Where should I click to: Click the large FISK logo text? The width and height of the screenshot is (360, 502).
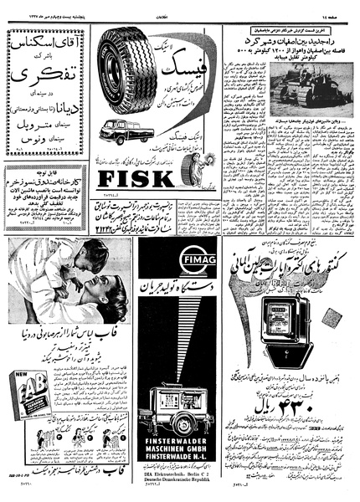coord(135,179)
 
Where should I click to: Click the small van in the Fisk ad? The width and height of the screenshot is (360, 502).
coord(126,131)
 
